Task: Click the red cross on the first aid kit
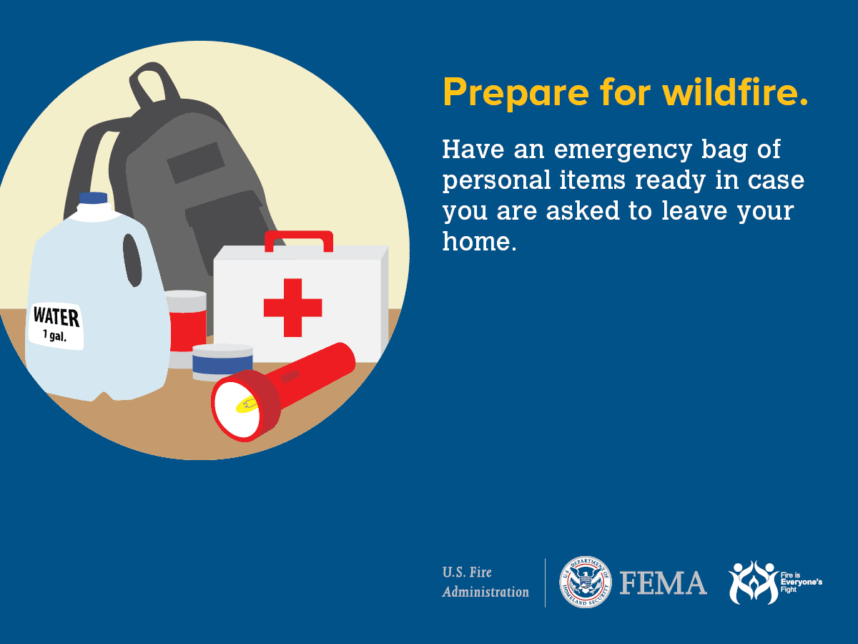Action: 292,308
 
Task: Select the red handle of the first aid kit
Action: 298,238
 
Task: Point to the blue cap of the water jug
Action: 93,197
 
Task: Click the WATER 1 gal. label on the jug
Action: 56,326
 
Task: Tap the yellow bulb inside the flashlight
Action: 246,406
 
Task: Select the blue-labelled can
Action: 222,361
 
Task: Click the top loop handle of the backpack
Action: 154,82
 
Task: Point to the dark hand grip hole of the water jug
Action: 133,259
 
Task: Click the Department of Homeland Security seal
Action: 585,582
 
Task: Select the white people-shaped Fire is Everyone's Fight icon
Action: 753,582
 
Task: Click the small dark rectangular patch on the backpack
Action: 196,162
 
